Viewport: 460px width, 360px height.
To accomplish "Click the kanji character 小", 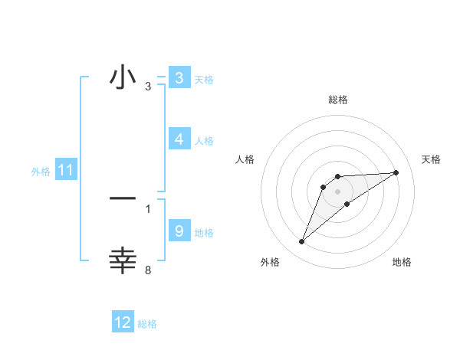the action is coord(123,78).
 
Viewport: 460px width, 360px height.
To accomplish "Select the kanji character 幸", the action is coord(123,260).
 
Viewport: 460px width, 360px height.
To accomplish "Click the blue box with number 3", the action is coord(179,78).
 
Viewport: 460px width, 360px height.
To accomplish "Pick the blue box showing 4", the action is coord(179,139).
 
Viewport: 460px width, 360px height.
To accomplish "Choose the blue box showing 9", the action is coord(179,231).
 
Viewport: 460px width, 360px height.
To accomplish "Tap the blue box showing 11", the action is coord(65,170).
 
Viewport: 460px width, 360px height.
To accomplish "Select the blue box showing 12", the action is coord(123,322).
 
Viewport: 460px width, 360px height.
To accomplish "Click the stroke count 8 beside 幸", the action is coord(148,269).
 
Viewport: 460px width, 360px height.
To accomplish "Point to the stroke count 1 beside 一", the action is coord(148,208).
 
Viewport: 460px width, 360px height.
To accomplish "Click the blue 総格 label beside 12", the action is coord(147,324).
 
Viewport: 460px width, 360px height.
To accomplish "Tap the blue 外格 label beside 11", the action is coord(41,172).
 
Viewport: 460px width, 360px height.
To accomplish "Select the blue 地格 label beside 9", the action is coord(204,232).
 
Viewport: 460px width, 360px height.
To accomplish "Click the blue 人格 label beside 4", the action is coord(204,141).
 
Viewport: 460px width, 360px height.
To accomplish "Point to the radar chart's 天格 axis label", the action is coord(431,159).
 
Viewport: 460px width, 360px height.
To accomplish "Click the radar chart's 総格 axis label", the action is coord(338,100).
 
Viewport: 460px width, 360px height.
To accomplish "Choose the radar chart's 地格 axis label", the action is coord(402,262).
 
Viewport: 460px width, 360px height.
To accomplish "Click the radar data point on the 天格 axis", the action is coord(396,172).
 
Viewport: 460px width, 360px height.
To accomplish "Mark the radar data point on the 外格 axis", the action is coord(302,242).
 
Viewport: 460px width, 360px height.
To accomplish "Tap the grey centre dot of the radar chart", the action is coord(338,191).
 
